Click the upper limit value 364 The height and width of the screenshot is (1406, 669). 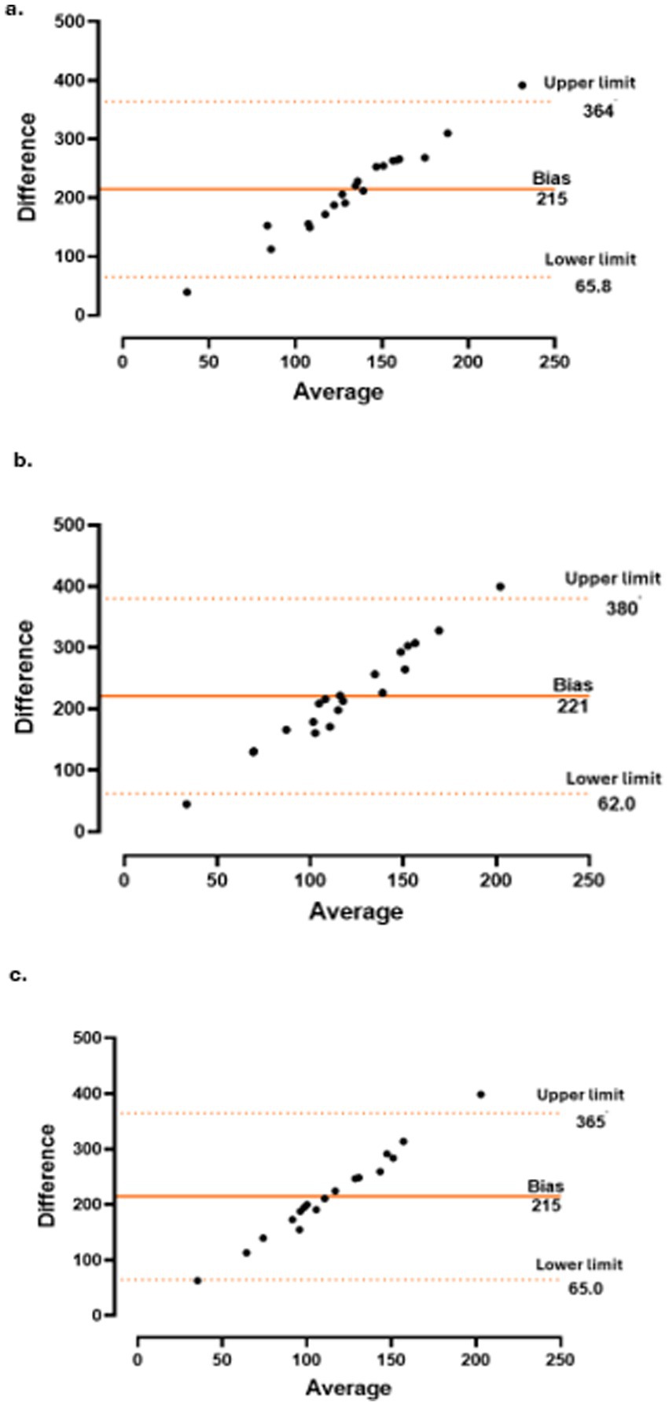597,112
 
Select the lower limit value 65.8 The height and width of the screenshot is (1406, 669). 593,287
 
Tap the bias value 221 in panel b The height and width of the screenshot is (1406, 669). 572,706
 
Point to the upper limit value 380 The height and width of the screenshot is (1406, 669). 621,608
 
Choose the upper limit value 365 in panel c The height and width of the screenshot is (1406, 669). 590,1122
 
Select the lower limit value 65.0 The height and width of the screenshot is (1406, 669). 585,1289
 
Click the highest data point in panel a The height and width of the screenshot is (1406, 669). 522,85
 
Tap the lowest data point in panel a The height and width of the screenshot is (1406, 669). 187,292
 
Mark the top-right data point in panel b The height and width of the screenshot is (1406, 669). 500,587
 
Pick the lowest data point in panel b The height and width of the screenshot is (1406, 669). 186,804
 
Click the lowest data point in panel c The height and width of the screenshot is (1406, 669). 197,1280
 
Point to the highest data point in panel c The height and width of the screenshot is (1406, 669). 481,1094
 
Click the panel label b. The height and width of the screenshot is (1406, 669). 23,461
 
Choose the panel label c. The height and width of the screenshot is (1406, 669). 17,975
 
